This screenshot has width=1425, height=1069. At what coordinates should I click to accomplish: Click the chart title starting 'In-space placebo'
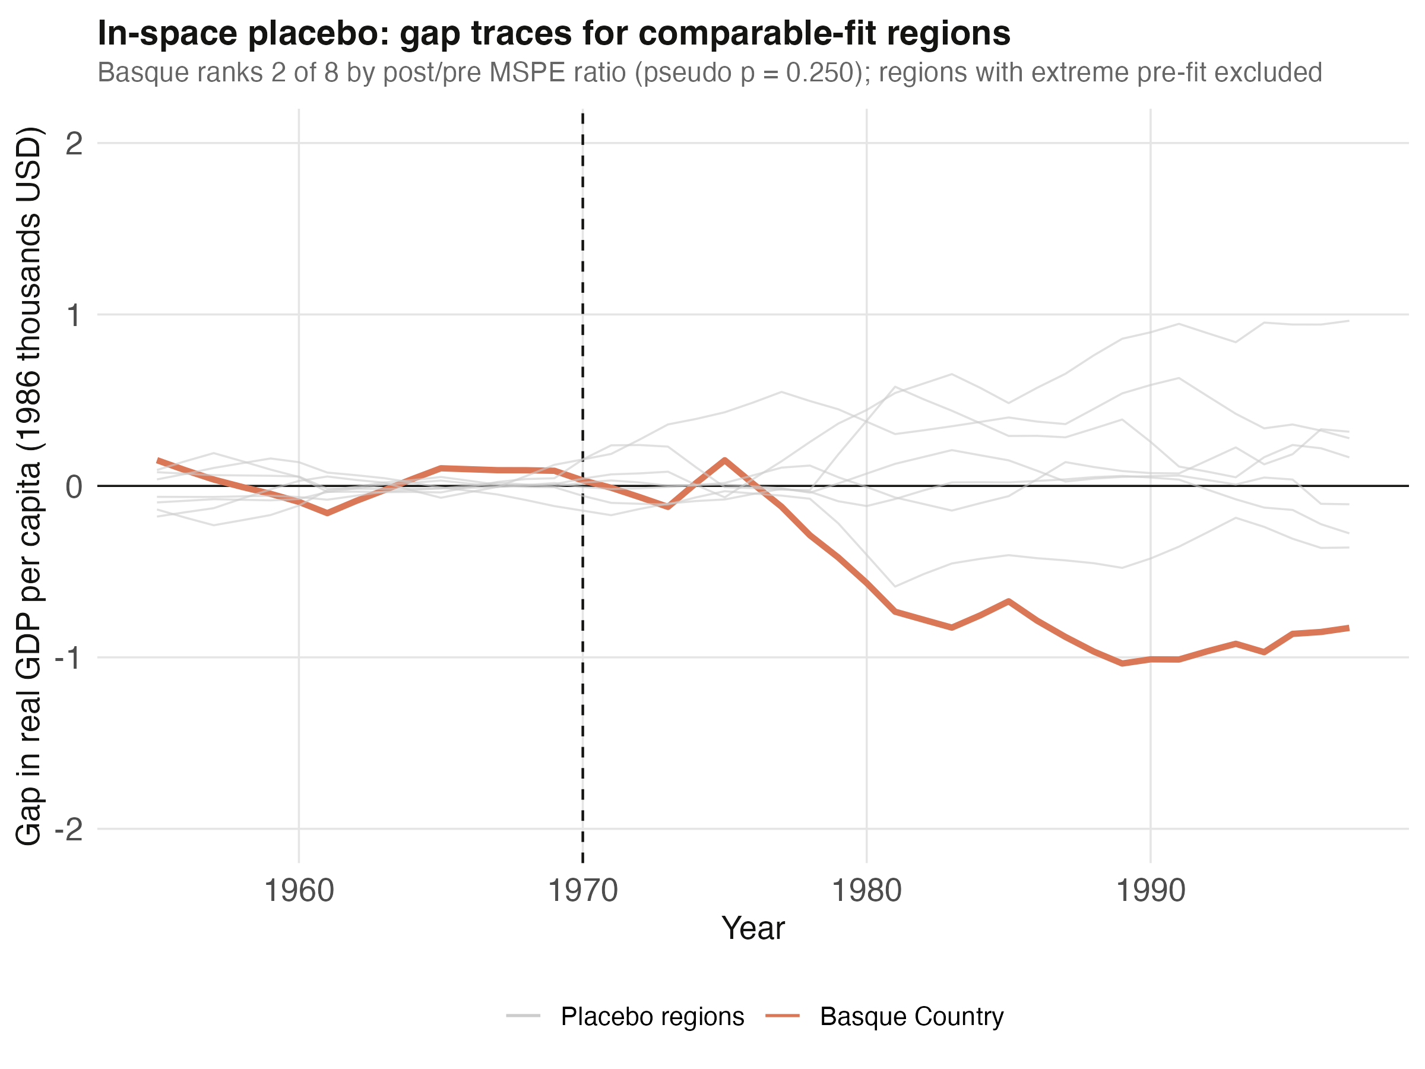(553, 33)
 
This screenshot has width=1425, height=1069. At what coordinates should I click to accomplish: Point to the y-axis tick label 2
(75, 143)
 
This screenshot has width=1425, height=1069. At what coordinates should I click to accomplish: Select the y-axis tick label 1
(75, 315)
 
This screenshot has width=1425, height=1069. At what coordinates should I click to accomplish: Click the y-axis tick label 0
(75, 486)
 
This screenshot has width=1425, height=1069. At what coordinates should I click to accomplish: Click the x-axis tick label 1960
(299, 892)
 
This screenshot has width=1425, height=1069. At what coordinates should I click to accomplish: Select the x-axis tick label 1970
(582, 892)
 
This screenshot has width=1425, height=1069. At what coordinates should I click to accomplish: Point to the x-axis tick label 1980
(866, 892)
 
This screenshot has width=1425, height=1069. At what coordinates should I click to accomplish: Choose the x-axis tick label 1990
(1151, 892)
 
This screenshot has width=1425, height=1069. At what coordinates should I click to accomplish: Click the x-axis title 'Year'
(753, 928)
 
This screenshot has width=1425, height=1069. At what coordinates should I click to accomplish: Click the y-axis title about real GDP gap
(29, 486)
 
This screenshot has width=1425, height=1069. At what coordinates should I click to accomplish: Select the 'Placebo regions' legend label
(652, 1017)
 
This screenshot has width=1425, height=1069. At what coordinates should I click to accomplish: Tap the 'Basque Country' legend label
(911, 1017)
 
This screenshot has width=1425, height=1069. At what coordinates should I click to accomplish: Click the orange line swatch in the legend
(783, 1017)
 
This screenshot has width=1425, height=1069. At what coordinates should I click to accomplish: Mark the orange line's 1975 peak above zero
(725, 460)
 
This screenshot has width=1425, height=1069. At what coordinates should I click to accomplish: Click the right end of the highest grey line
(1348, 321)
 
